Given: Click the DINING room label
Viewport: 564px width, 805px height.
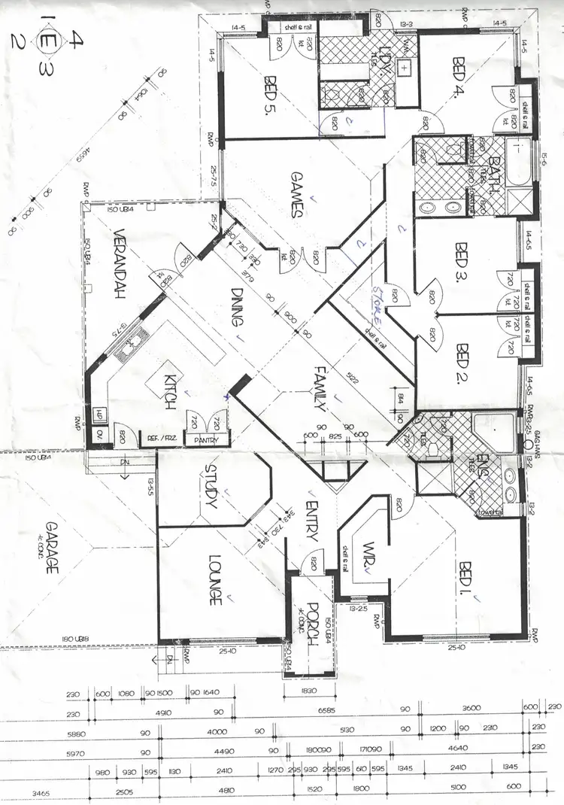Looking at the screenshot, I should point(238,307).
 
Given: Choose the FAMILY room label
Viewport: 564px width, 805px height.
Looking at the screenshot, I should point(320,384).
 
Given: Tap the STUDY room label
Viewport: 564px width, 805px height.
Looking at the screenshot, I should point(211,486).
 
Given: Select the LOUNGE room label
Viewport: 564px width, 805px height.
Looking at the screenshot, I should point(214,579).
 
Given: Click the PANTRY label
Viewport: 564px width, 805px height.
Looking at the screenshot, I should point(205,440).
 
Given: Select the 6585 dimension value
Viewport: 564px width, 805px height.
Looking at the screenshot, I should point(325,710).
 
